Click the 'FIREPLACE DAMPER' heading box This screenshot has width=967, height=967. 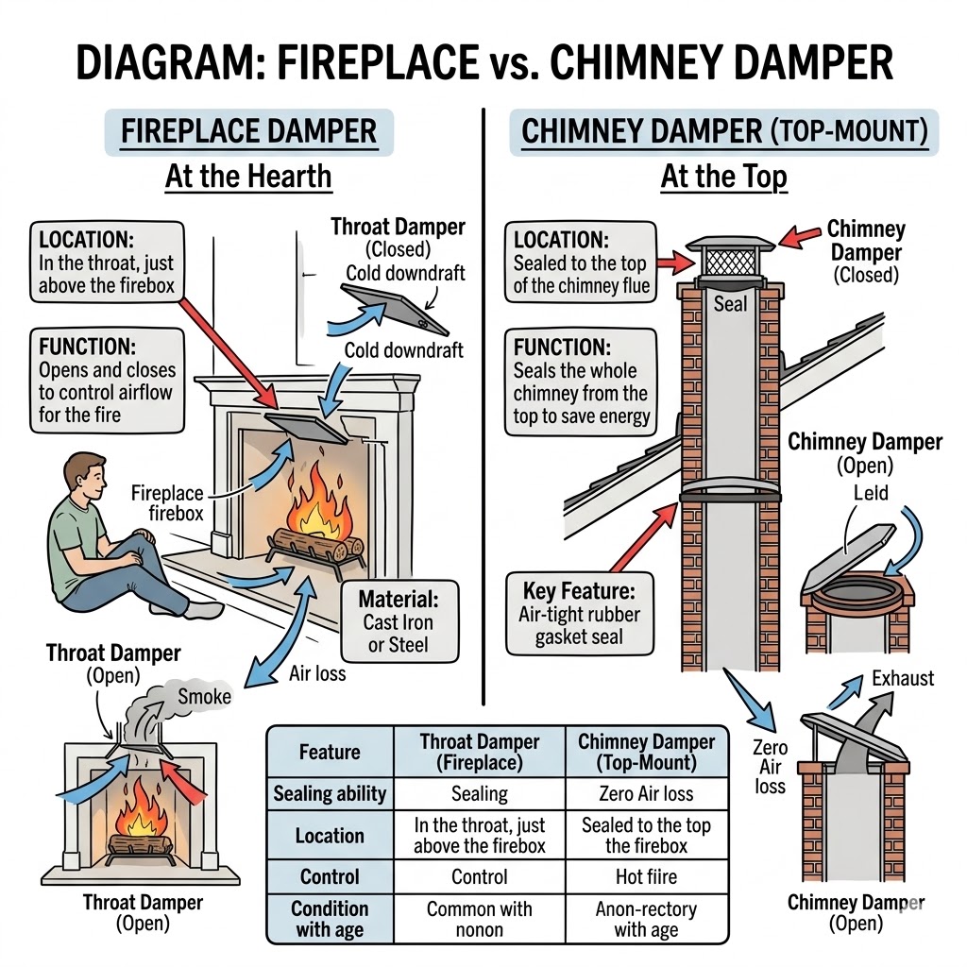click(249, 131)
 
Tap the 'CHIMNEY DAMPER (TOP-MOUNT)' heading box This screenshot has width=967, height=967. click(724, 131)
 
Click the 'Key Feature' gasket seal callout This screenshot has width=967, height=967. click(580, 615)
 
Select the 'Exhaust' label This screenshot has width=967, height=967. click(903, 678)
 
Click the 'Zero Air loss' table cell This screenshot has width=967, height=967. click(645, 794)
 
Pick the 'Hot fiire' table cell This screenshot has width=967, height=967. click(645, 876)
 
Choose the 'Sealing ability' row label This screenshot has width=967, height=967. click(330, 794)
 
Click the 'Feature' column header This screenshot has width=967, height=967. click(330, 752)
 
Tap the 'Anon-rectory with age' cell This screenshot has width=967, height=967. click(645, 920)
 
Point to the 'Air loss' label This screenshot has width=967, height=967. click(318, 674)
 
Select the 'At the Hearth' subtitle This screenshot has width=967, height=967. click(248, 176)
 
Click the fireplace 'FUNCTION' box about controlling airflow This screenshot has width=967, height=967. click(106, 381)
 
